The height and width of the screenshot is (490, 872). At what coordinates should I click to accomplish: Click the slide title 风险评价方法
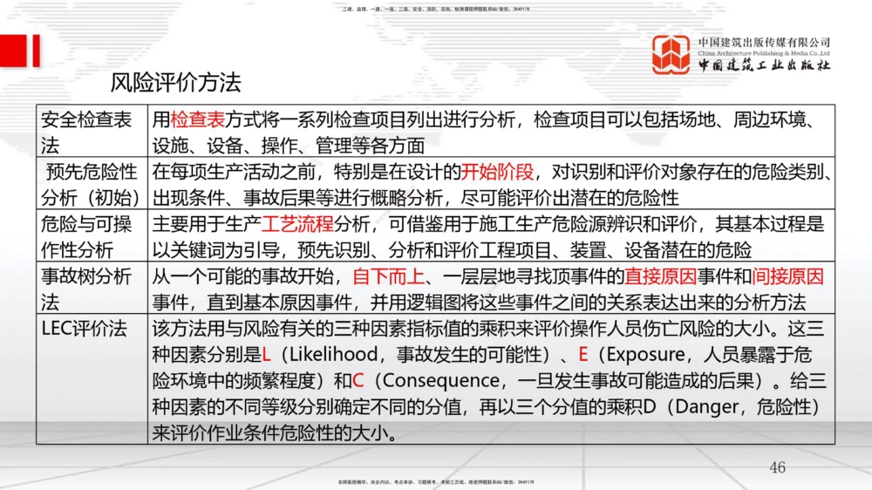[x=175, y=84]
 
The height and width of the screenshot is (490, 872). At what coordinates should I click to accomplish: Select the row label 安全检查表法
[x=86, y=132]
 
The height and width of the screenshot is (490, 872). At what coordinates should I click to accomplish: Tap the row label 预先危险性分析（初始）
[x=91, y=184]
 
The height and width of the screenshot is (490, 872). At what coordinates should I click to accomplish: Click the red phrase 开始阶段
[x=496, y=172]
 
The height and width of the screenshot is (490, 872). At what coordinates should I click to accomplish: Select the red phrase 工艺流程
[x=298, y=225]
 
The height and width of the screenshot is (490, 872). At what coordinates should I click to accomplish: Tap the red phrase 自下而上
[x=388, y=277]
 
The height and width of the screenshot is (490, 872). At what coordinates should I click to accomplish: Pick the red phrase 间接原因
[x=788, y=277]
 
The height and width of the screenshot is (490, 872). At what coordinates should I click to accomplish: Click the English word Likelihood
[x=330, y=355]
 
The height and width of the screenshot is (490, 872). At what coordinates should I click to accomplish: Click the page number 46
[x=777, y=467]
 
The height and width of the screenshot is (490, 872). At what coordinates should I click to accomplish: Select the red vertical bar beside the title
[x=36, y=51]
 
